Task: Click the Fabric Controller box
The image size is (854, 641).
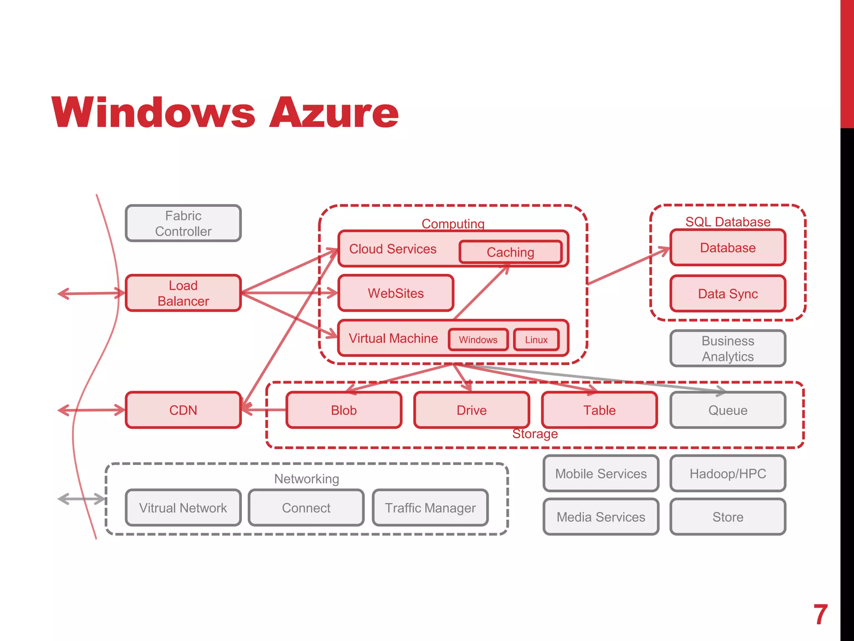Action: [x=183, y=223]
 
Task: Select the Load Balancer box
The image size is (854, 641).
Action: [x=183, y=293]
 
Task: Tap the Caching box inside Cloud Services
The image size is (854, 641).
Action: [x=510, y=252]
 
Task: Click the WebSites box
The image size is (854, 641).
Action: [x=395, y=293]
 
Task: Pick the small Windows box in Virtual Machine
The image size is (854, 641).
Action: [x=478, y=340]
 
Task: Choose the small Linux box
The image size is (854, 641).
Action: [x=536, y=340]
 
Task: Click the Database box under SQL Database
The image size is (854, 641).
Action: [x=728, y=247]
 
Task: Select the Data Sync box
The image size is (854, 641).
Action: [x=728, y=293]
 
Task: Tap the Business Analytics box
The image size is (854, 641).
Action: [x=728, y=348]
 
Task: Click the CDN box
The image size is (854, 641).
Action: [x=183, y=410]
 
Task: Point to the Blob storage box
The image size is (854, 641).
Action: [x=344, y=410]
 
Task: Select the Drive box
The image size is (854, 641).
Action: [x=472, y=410]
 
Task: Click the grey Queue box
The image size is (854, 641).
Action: [x=728, y=410]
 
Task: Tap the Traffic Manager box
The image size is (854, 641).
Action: [x=430, y=507]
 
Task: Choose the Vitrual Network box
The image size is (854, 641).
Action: [x=183, y=507]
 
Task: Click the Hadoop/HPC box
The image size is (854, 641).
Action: [x=728, y=473]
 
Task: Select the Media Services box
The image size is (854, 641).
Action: [x=601, y=517]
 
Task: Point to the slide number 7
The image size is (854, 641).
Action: [x=820, y=614]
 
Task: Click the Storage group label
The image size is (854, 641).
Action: [x=535, y=434]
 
